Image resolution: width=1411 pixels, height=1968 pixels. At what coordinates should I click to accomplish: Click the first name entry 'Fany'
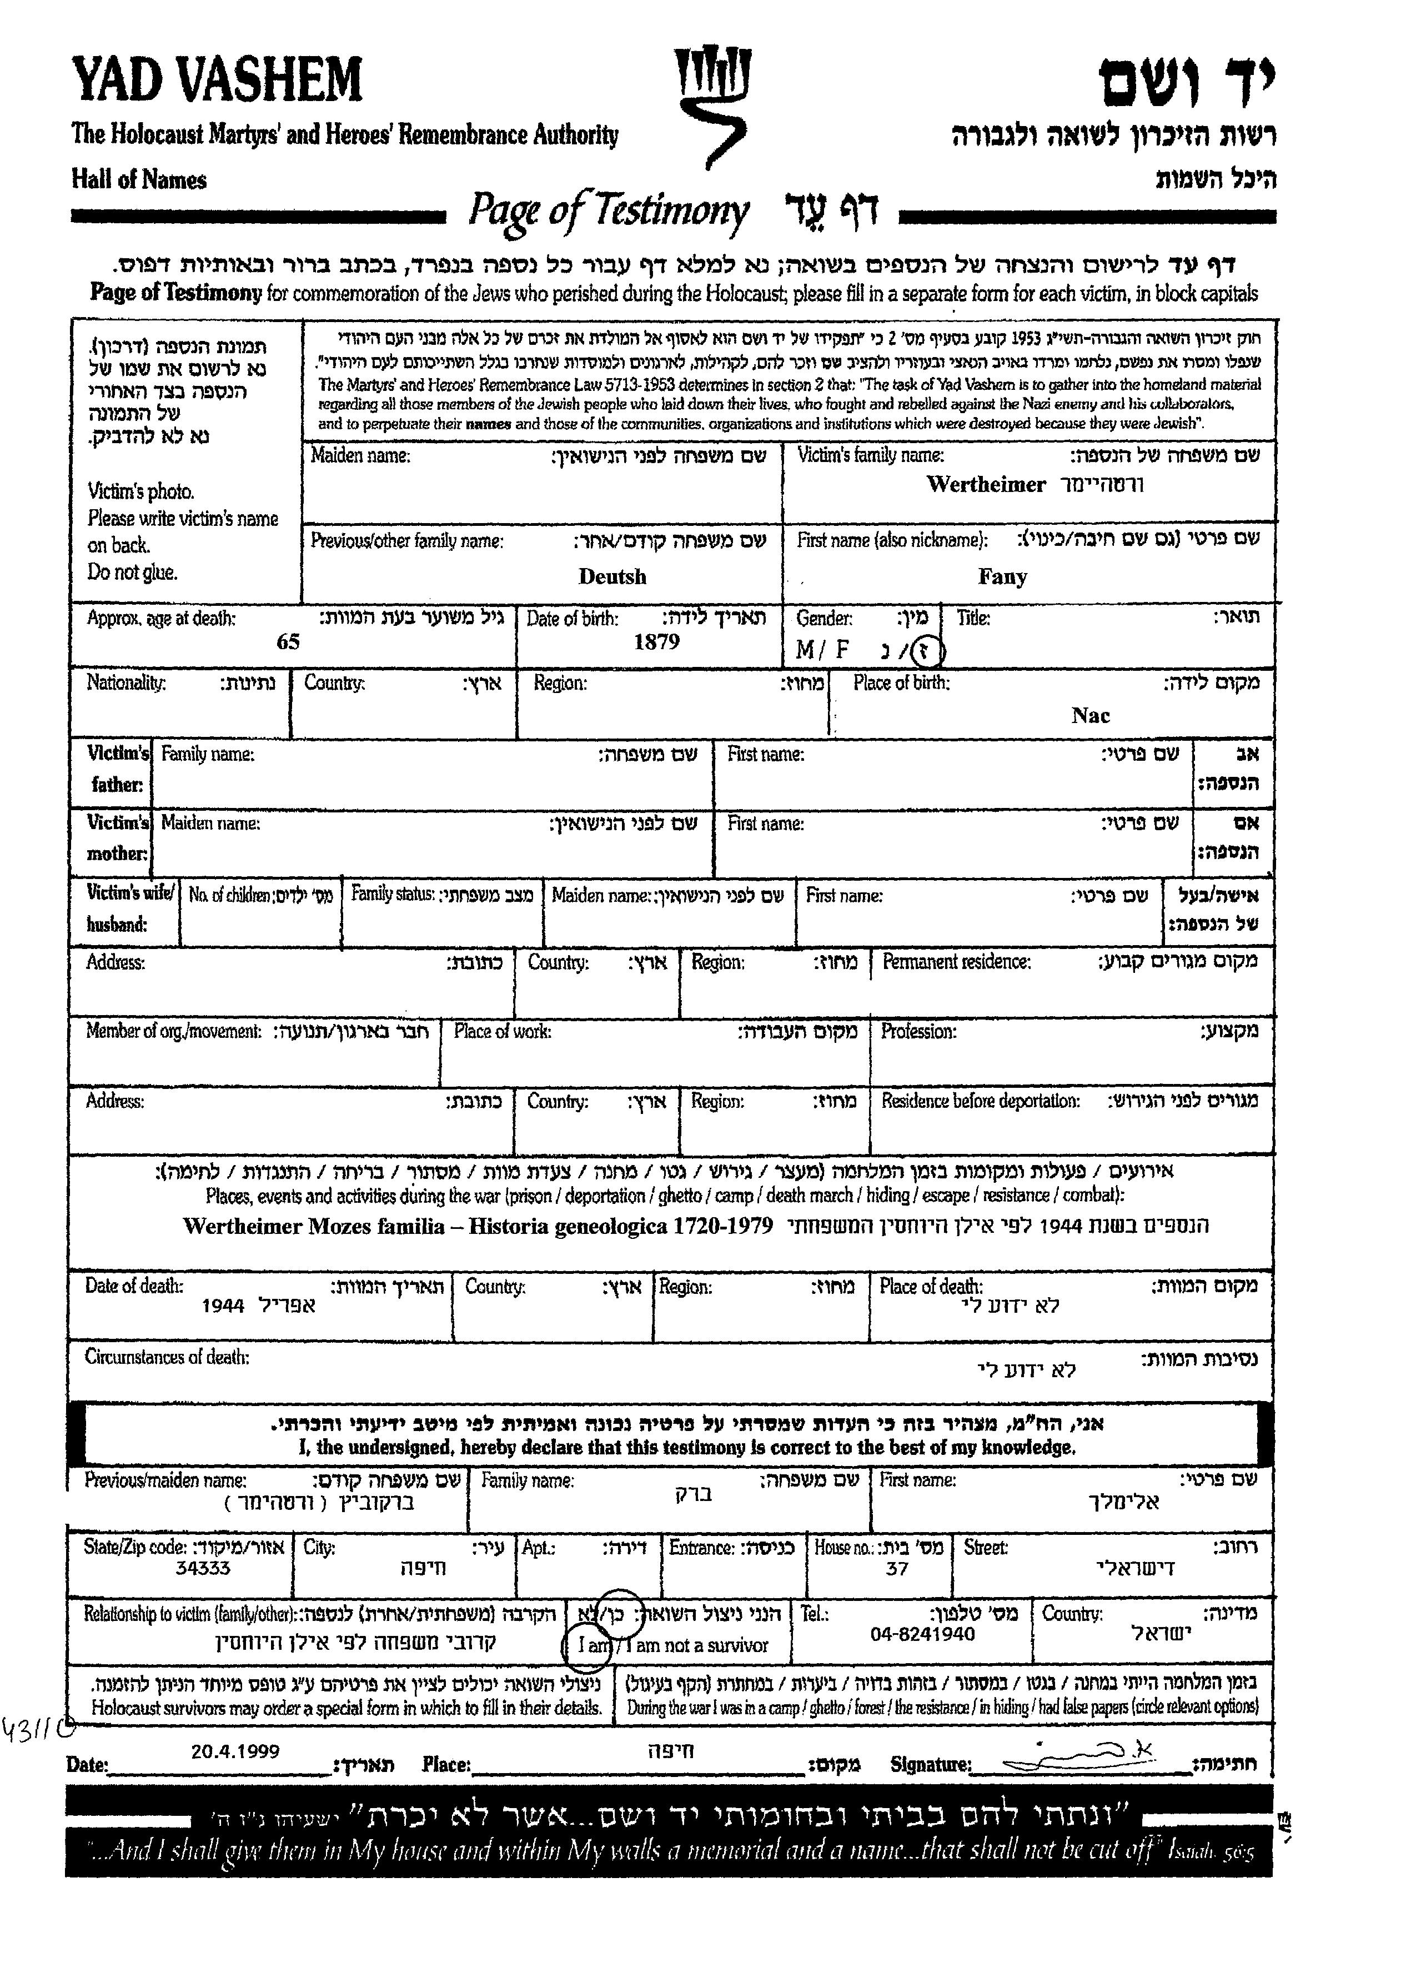point(1002,577)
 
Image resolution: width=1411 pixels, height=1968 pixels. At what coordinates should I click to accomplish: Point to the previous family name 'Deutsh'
point(612,577)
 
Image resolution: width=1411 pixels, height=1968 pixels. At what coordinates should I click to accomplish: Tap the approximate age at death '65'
point(288,642)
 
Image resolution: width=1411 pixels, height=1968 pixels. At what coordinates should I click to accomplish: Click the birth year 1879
point(656,642)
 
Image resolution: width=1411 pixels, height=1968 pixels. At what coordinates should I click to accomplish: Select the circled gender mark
point(930,650)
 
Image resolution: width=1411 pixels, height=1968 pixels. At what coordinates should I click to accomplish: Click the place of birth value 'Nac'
point(1090,716)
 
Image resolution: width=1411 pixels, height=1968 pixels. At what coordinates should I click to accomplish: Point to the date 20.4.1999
point(235,1751)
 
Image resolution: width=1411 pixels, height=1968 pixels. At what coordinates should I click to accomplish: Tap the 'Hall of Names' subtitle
point(139,180)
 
